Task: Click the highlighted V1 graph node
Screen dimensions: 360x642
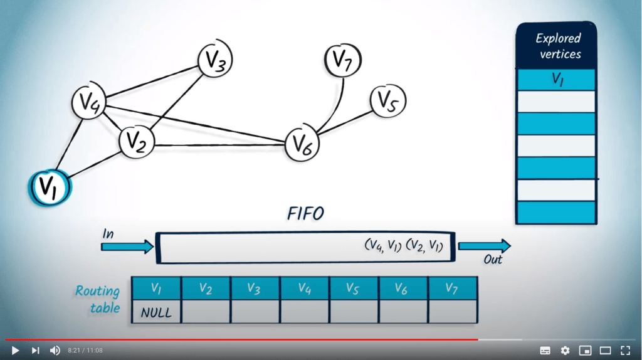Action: point(50,186)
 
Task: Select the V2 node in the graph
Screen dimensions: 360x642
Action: point(137,142)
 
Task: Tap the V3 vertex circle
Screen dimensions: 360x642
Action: point(215,61)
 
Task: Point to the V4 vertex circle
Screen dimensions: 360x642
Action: point(88,102)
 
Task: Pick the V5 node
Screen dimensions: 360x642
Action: point(387,101)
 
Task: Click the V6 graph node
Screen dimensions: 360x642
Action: point(302,144)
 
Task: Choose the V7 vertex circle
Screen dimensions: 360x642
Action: point(342,61)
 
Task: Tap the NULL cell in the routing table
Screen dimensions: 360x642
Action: point(156,312)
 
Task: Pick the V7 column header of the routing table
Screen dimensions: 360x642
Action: point(453,288)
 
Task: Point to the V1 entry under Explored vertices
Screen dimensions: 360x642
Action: point(555,80)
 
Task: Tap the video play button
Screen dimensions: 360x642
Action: point(16,350)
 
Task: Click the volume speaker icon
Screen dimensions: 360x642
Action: point(55,350)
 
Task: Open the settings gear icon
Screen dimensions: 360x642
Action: point(565,350)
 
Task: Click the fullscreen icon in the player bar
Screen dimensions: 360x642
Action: point(625,350)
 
